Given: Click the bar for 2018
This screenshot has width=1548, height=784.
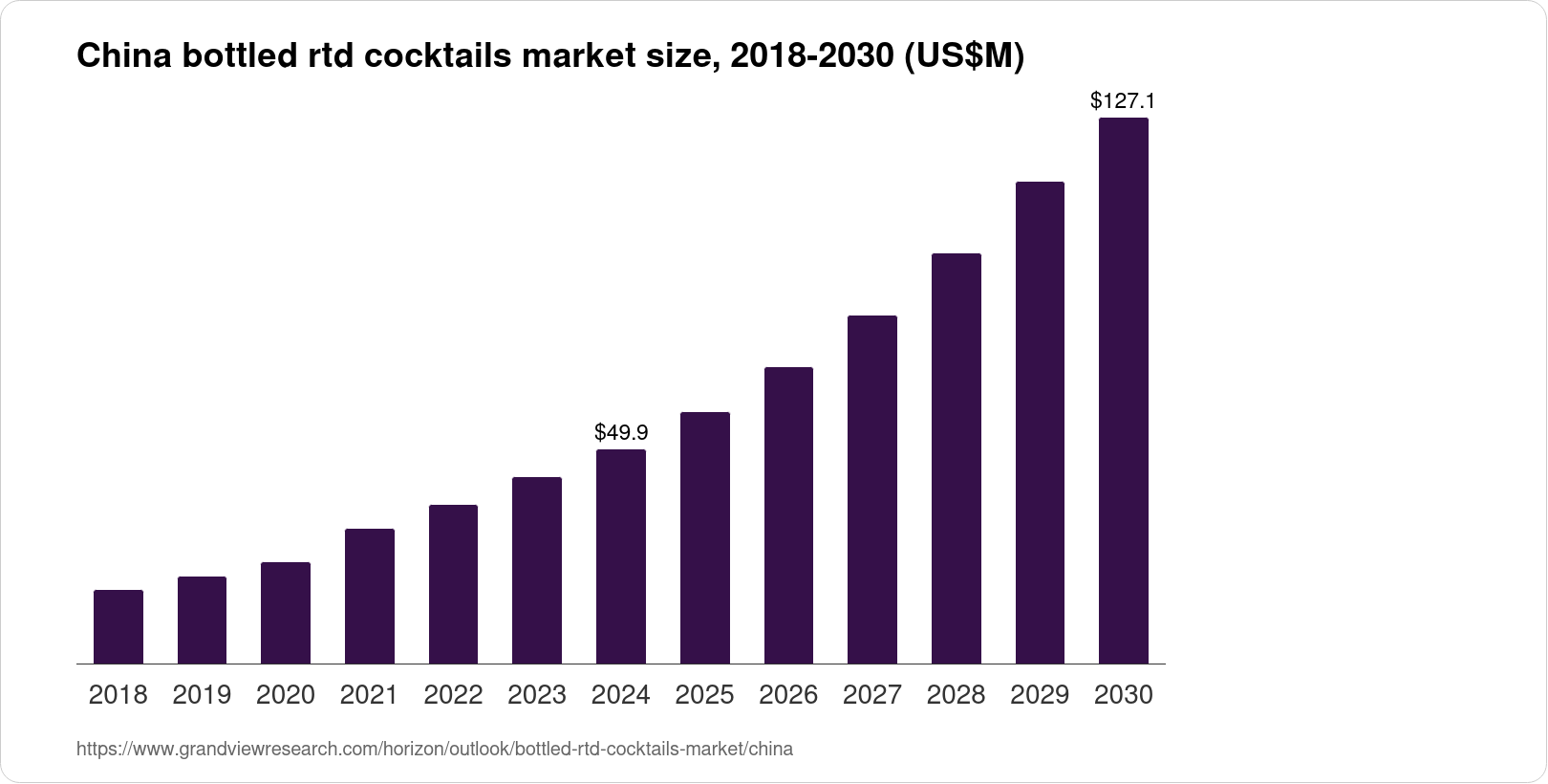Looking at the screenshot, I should coord(118,626).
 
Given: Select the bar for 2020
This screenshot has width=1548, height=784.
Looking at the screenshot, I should coord(286,613).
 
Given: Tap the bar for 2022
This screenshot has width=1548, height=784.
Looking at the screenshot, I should coord(453,584).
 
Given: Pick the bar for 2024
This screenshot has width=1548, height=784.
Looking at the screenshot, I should coord(621,556).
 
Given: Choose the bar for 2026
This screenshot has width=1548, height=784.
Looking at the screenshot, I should coord(788,515).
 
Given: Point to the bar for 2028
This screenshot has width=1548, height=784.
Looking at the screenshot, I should coord(956,458).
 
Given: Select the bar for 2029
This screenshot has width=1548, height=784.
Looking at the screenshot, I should coord(1040,423).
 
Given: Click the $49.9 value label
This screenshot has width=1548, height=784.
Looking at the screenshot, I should coord(621,432).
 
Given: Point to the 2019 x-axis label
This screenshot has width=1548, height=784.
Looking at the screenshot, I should coord(202,695).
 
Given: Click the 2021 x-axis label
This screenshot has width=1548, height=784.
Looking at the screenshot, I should coord(369,695).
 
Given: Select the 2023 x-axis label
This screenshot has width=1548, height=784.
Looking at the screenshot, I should coord(537,695).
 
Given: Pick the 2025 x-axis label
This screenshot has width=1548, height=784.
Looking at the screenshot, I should coord(704,695).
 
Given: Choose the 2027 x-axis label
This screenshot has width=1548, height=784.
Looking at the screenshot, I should coord(872,695).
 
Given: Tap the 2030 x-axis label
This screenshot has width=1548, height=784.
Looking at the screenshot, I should coord(1124,695).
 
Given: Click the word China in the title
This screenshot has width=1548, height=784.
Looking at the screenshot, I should coord(114,57).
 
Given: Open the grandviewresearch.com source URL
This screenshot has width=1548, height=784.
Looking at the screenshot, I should coord(435,749).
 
